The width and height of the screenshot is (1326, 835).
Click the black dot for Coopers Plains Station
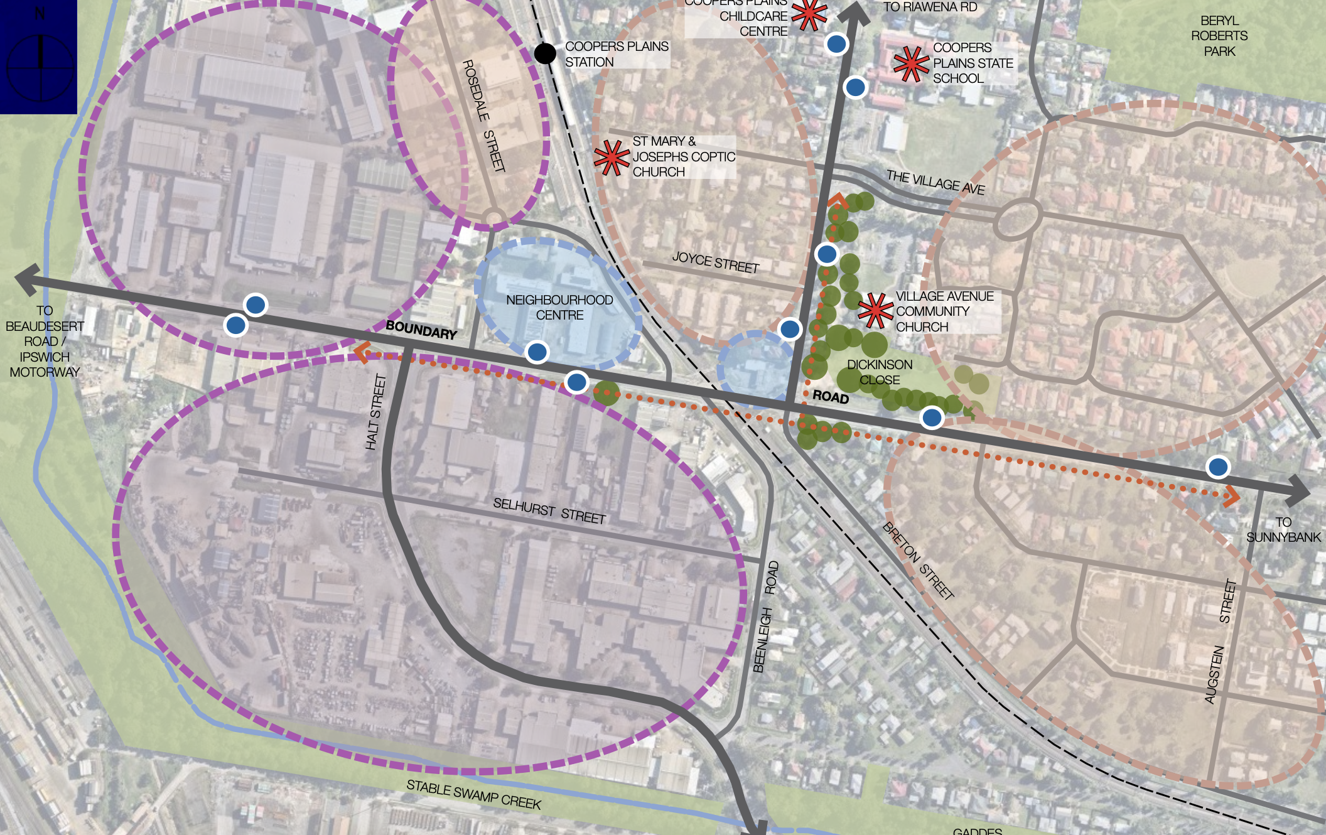click(x=545, y=53)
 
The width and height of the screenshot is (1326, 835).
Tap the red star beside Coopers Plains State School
click(x=911, y=63)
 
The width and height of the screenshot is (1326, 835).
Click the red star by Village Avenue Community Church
click(x=875, y=311)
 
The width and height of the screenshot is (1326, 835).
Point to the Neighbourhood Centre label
click(x=559, y=308)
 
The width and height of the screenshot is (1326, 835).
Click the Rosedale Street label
click(x=483, y=116)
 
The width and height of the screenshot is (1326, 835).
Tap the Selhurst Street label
click(x=549, y=511)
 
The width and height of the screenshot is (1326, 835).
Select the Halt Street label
click(x=375, y=412)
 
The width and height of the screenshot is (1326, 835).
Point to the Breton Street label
click(x=918, y=561)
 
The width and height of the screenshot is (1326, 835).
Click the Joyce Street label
click(x=716, y=262)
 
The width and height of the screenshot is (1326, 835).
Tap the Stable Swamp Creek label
click(x=473, y=795)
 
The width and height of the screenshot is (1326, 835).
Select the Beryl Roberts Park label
click(x=1219, y=36)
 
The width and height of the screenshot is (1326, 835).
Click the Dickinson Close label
click(x=880, y=372)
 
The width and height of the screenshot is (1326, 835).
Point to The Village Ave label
click(x=935, y=182)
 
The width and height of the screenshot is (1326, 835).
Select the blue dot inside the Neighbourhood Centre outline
click(x=537, y=352)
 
